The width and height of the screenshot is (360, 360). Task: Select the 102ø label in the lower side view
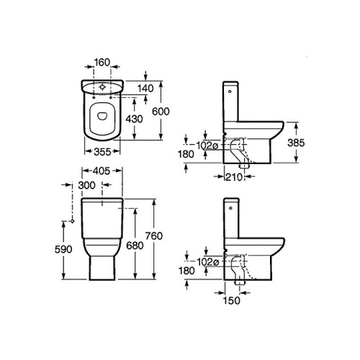[x=207, y=262]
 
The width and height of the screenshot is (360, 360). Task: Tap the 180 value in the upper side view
[x=188, y=153]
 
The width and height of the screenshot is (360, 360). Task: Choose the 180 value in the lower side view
[x=188, y=272]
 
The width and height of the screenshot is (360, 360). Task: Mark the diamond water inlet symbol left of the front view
[x=73, y=222]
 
